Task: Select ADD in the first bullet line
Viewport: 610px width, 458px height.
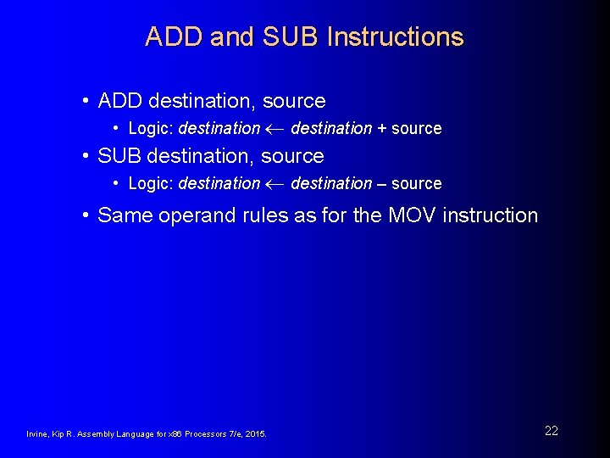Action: tap(120, 101)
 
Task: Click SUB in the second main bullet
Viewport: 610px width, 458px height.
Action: tap(119, 156)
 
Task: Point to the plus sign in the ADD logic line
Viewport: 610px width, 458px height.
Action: tap(381, 129)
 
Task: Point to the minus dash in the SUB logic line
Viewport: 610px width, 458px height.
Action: tap(381, 184)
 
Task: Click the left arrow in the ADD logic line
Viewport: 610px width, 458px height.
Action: tap(275, 129)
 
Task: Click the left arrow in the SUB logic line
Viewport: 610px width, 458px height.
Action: tap(275, 184)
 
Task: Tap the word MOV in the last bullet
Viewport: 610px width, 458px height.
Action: tap(413, 215)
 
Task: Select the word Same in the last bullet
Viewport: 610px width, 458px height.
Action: tap(123, 215)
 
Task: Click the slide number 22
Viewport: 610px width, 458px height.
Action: tap(552, 431)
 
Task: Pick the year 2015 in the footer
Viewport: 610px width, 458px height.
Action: tap(255, 434)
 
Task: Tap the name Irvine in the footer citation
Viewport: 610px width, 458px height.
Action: tap(38, 434)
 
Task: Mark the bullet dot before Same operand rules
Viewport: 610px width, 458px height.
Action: tap(86, 215)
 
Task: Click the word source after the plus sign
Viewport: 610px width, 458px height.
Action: tap(416, 129)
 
